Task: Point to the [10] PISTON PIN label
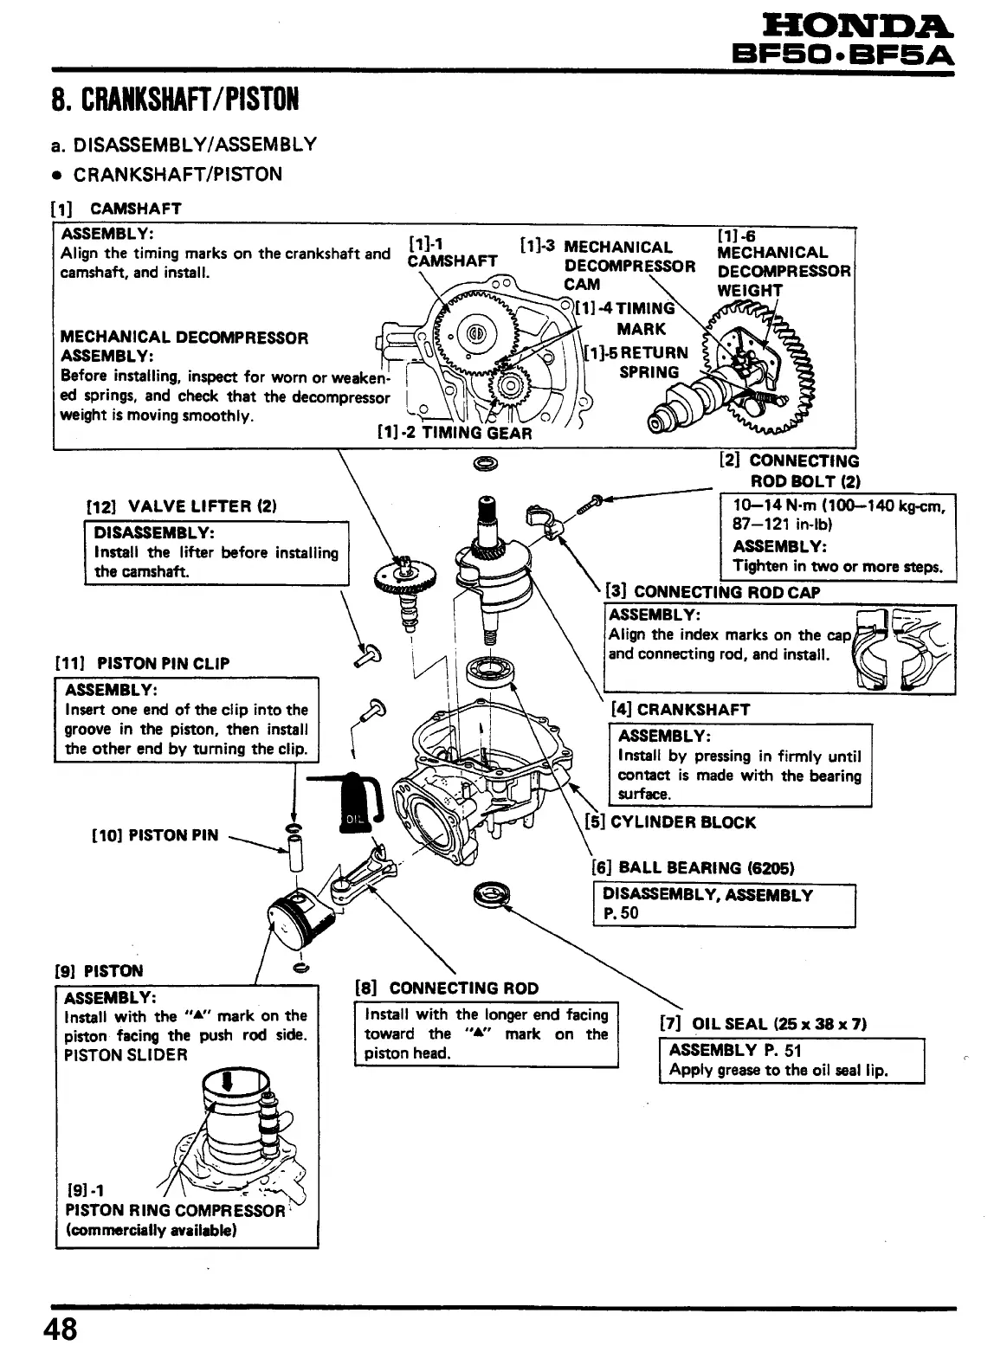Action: [155, 835]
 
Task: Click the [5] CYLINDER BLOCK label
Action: [670, 821]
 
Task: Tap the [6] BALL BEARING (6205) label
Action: [693, 868]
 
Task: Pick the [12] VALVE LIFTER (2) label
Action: [181, 506]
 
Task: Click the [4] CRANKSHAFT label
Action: [681, 709]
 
